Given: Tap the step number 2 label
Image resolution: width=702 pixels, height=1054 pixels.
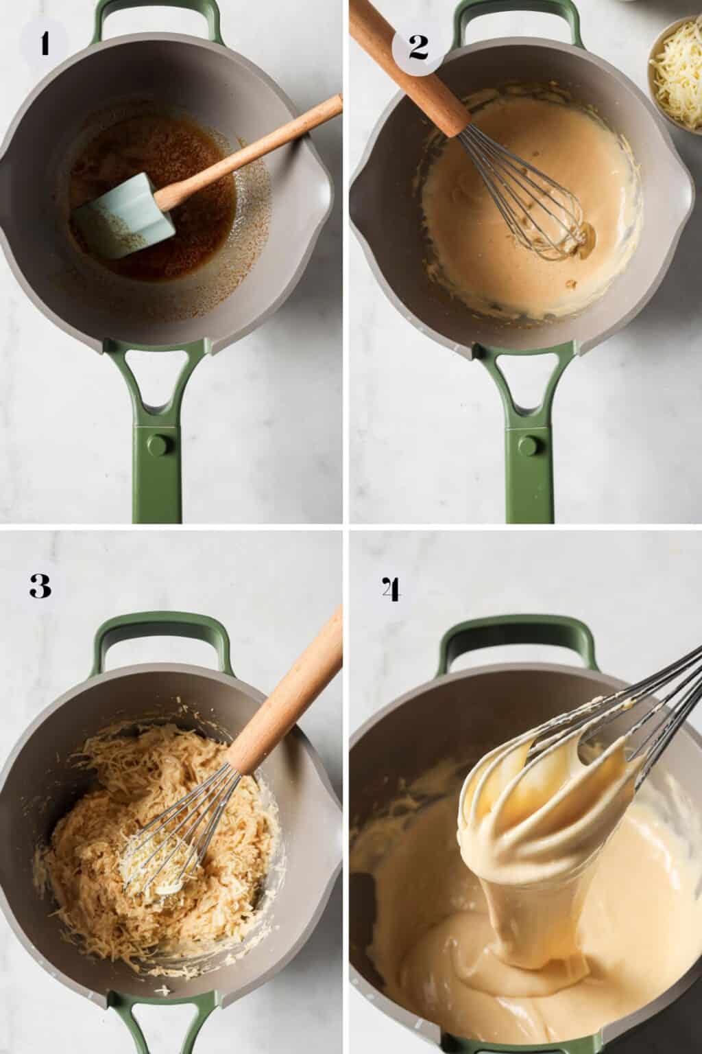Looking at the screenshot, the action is pos(418,47).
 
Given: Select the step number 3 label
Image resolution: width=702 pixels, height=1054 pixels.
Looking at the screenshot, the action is pos(40,586).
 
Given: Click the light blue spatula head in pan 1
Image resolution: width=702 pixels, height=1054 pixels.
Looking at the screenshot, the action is pos(123,216).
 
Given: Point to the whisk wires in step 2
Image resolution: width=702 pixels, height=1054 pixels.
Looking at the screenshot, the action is pos(529,198).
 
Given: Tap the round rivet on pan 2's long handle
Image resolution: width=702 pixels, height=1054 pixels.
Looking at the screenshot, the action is pos(529,445).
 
